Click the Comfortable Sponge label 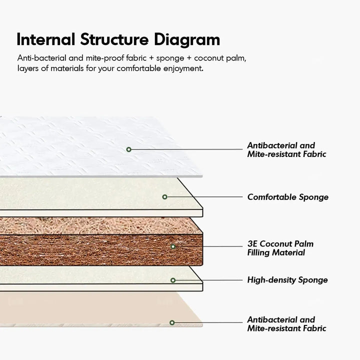(x=287, y=197)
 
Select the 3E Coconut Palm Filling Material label (x=280, y=248)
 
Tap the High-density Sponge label (x=287, y=280)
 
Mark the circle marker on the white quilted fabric (x=129, y=149)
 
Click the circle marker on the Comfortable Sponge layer (x=164, y=197)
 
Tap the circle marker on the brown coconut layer (x=173, y=246)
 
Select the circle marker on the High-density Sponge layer (x=173, y=280)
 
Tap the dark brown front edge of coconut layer (x=100, y=247)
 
